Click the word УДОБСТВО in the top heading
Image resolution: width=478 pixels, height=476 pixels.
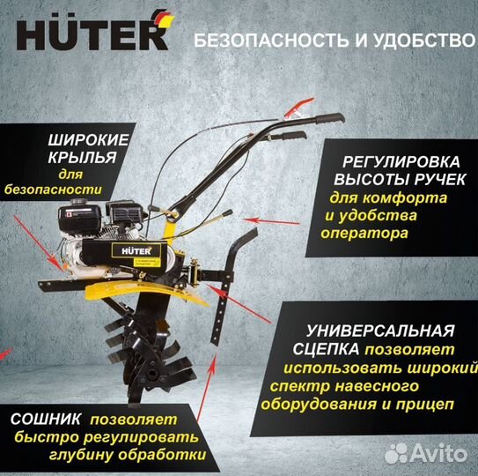[x=414, y=40]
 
